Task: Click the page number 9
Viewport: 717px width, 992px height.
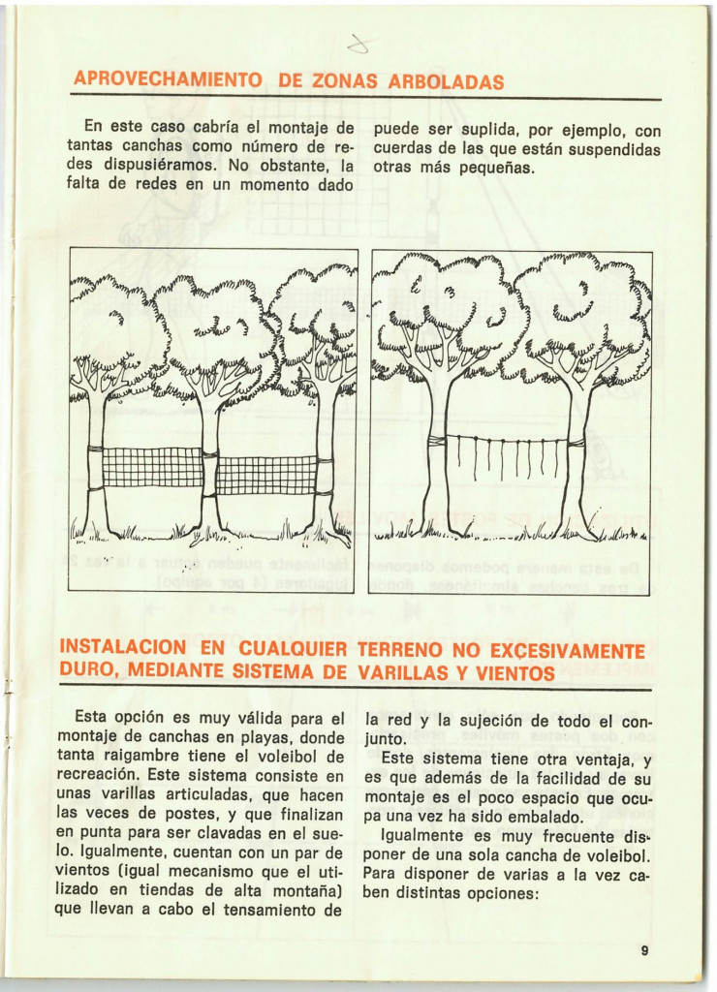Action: [x=644, y=950]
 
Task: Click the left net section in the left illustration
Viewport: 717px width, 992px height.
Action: [x=153, y=468]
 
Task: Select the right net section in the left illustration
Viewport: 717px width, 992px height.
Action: [x=266, y=475]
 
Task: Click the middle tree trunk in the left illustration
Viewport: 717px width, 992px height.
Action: [x=209, y=465]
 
